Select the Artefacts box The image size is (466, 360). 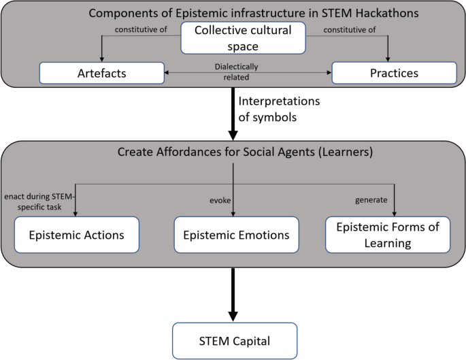[x=102, y=73]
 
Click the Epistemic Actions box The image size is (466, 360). [x=77, y=235]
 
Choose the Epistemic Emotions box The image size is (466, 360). [x=236, y=235]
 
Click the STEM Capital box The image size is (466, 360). [x=235, y=341]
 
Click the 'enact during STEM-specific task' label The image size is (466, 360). [x=39, y=201]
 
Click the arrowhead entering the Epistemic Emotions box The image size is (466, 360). [x=233, y=212]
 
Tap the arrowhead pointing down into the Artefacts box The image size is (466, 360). [x=102, y=58]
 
